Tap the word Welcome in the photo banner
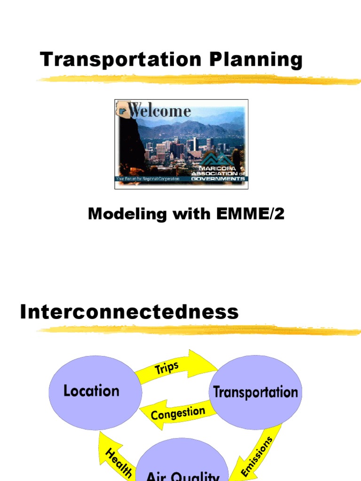(x=160, y=111)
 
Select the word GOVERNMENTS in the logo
(x=218, y=179)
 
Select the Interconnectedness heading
(x=129, y=312)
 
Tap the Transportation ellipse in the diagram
(x=256, y=392)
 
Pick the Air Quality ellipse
(x=182, y=465)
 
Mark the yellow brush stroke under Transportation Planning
(x=197, y=80)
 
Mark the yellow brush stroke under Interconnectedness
(x=197, y=330)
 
